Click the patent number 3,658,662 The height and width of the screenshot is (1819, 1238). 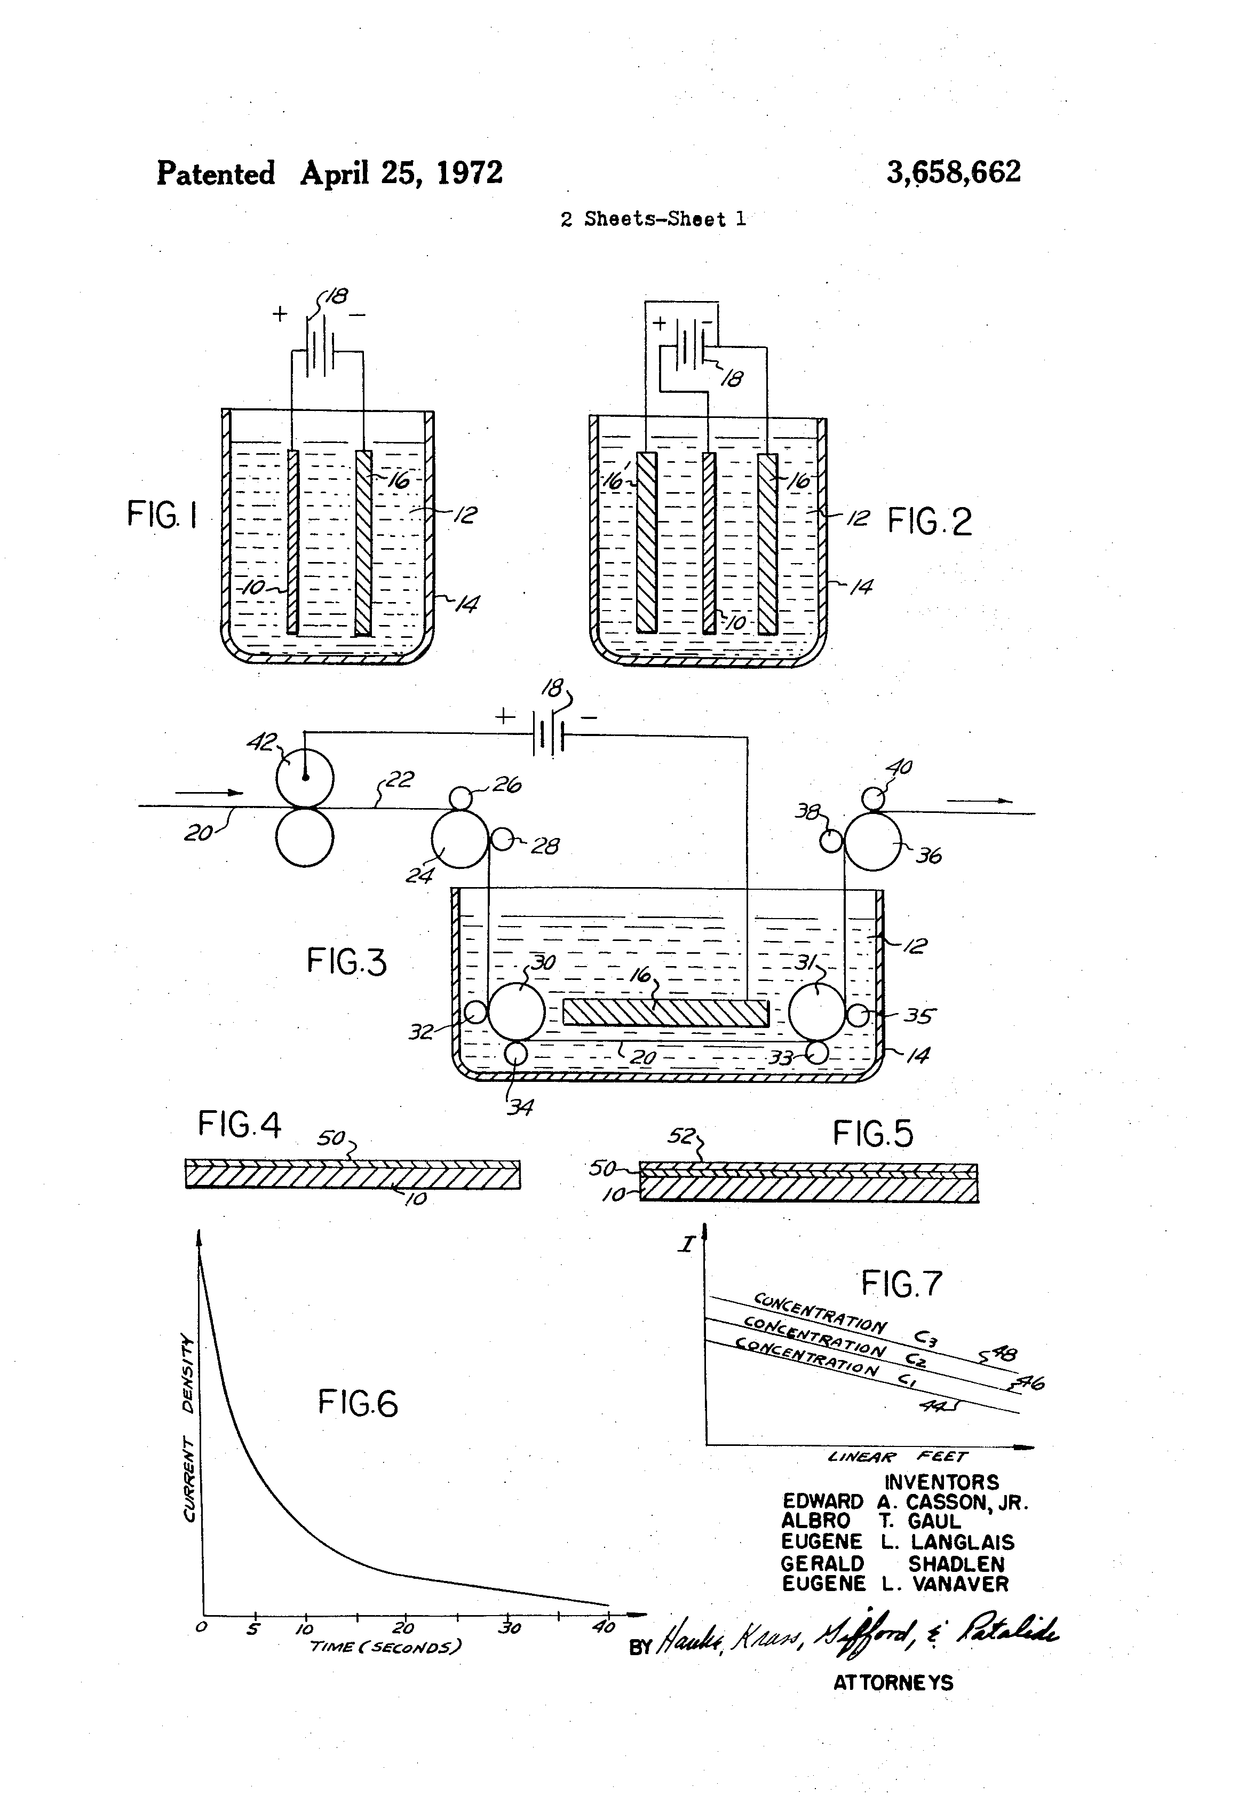point(953,172)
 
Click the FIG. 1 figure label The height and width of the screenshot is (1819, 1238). point(162,516)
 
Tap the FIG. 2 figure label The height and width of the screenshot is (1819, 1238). point(930,521)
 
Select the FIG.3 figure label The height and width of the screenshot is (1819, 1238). point(346,961)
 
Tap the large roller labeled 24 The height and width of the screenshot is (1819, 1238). point(460,839)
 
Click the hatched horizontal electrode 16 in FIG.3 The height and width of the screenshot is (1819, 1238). point(666,1013)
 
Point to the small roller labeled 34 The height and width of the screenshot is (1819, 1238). point(515,1053)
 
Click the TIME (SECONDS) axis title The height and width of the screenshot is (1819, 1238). point(385,1646)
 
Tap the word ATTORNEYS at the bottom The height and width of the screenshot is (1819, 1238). point(893,1705)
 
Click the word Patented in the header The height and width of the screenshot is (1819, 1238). point(216,173)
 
